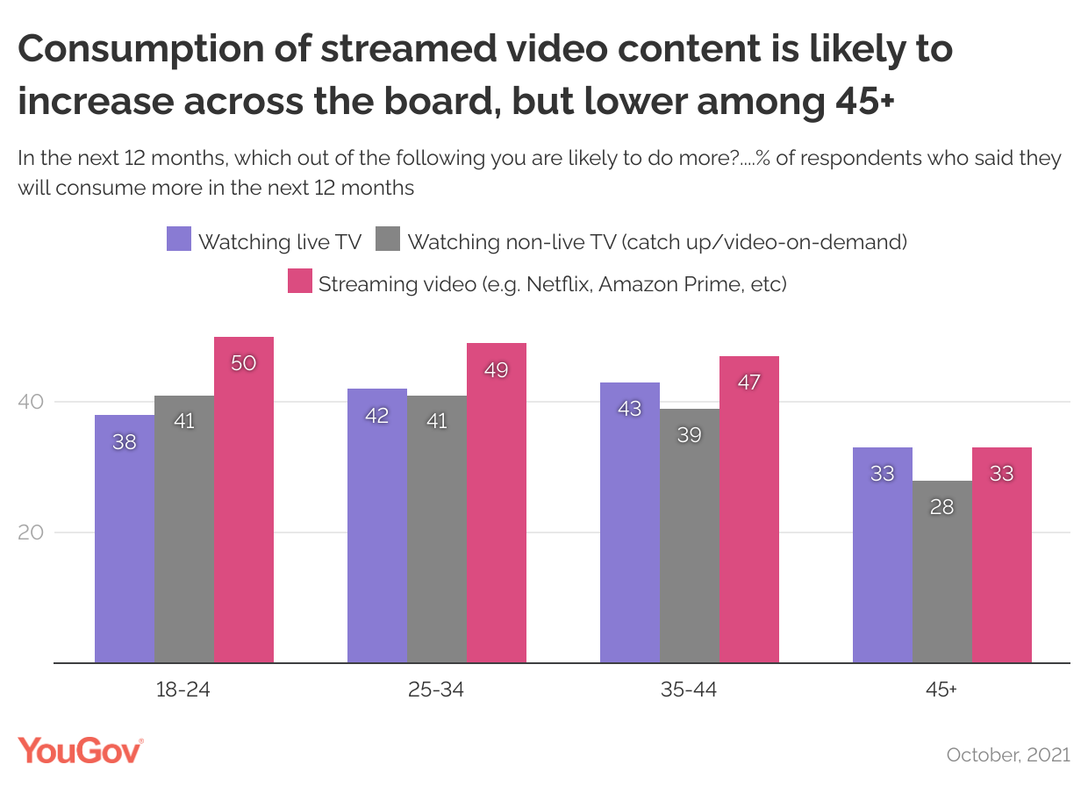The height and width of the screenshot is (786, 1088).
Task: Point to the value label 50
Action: click(243, 362)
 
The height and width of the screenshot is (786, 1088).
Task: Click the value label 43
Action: click(630, 408)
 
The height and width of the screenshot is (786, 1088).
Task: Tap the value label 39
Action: click(690, 433)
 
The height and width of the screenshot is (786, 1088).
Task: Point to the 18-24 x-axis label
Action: click(183, 690)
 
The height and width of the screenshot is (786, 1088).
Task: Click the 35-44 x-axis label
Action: click(689, 690)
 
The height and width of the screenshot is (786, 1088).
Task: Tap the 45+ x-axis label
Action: click(941, 690)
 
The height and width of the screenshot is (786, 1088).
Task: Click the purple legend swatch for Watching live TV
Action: click(178, 239)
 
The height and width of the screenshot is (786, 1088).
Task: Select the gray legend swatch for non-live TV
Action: click(387, 239)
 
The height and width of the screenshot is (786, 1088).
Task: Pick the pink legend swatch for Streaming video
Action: click(299, 282)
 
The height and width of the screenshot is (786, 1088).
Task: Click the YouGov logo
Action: click(80, 751)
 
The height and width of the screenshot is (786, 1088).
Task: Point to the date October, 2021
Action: click(1008, 754)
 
